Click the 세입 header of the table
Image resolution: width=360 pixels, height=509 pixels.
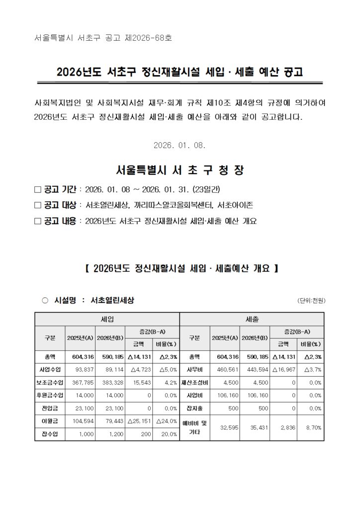click(107, 319)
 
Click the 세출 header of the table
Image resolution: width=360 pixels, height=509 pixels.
click(252, 319)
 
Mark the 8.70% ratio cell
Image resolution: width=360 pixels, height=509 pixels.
click(312, 427)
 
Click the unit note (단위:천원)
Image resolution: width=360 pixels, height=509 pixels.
click(311, 301)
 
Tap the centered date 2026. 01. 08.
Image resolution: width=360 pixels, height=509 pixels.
click(180, 145)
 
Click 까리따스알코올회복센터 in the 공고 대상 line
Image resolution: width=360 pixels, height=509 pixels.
click(173, 205)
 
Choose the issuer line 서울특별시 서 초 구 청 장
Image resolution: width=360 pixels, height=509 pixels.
click(180, 170)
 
